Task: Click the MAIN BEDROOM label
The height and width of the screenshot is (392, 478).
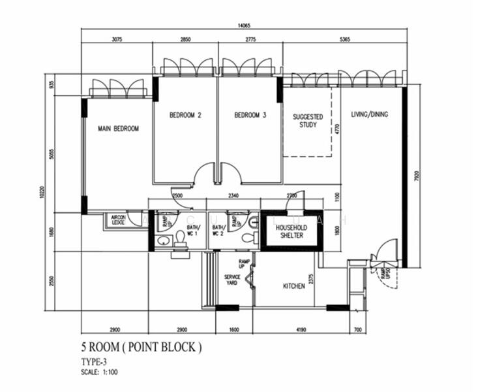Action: click(118, 129)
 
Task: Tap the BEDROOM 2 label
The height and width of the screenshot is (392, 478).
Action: click(185, 115)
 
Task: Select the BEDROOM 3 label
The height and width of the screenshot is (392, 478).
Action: click(250, 115)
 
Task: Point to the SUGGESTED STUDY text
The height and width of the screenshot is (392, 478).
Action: click(307, 121)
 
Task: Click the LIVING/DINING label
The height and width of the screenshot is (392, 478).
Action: click(369, 114)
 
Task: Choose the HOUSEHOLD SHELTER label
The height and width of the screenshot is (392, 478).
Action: click(291, 231)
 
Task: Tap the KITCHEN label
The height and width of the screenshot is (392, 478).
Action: click(293, 286)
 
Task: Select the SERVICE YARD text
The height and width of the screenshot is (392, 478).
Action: click(233, 280)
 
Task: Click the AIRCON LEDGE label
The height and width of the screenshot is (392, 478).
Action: click(118, 220)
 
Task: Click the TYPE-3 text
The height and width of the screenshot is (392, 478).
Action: click(93, 361)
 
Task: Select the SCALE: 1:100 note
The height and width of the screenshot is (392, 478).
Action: click(100, 372)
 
